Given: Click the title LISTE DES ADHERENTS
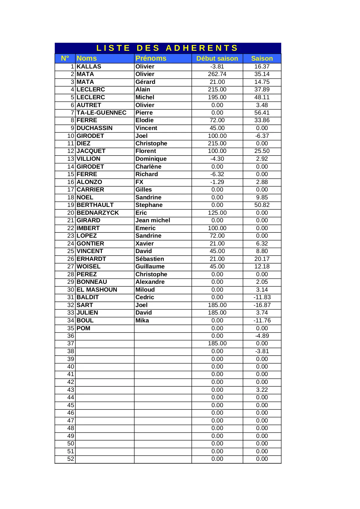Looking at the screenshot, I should pos(167,48).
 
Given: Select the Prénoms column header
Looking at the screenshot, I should pos(151,58).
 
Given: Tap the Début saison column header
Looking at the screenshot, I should pos(217,58).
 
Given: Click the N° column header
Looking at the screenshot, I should pos(65,58).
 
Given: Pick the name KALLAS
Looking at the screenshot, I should pos(89,66).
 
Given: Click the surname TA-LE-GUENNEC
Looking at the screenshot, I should pos(101,113).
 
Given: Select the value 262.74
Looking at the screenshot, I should pos(217,74).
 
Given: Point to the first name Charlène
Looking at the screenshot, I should pos(148,167).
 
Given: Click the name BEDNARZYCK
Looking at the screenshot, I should pos(97,213).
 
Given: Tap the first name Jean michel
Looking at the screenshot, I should pos(153,220).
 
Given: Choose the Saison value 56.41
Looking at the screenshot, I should pos(262,113).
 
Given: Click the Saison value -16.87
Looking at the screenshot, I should pos(262,305).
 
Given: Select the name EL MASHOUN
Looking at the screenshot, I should pos(97,290).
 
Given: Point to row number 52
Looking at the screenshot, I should pos(70,459).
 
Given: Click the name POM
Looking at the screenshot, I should pos(83,328).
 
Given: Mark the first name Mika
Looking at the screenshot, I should pos(142,320).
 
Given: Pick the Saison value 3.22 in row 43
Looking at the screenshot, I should pos(262,390).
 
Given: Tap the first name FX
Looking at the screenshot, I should pos(139,182).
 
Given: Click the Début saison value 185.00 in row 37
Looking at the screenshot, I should pos(217,343).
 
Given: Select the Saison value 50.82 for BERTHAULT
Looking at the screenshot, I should pos(262,205).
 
